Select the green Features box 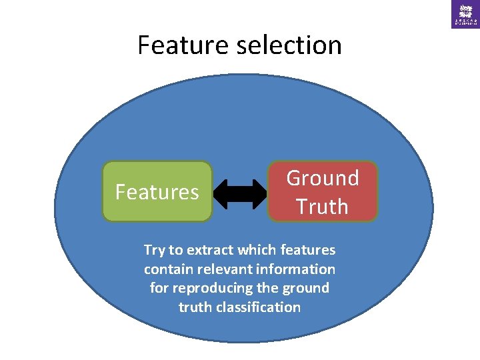(157, 192)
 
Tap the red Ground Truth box (323, 192)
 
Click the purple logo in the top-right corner (465, 14)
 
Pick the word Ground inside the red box (323, 178)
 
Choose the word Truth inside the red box (323, 207)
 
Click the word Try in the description (154, 251)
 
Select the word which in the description (255, 251)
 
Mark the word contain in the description (165, 269)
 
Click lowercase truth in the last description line (193, 307)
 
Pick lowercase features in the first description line (309, 251)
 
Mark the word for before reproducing (159, 288)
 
